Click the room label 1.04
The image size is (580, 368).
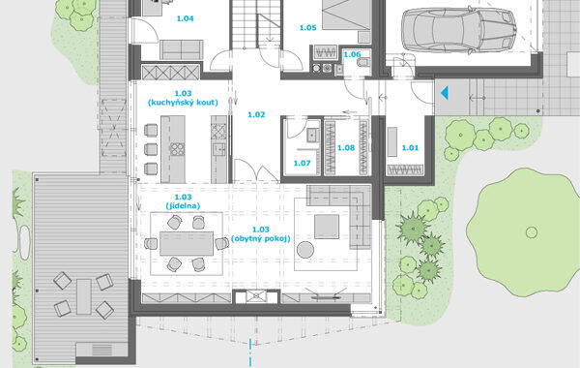[x=185, y=18]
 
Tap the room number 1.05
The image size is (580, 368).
[x=307, y=28]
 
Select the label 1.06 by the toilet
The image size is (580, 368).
[x=352, y=54]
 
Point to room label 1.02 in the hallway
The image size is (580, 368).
[x=256, y=115]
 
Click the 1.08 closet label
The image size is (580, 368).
[x=346, y=148]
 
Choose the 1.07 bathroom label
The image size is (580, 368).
[x=302, y=163]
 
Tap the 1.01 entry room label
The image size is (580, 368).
[x=410, y=148]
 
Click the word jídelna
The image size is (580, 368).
[x=183, y=206]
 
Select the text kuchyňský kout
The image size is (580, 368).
[x=183, y=103]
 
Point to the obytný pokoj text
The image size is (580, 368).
[x=261, y=238]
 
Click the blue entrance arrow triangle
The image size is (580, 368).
[x=445, y=93]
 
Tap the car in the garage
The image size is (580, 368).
[x=458, y=30]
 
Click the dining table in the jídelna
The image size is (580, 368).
[x=187, y=243]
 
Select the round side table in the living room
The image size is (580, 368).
[x=305, y=250]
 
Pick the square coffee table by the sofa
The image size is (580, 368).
[x=327, y=227]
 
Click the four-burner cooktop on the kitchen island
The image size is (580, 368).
[x=177, y=149]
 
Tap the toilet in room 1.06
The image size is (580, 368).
[x=364, y=62]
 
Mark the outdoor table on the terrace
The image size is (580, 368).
[x=84, y=297]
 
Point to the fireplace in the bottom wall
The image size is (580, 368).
[x=256, y=295]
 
